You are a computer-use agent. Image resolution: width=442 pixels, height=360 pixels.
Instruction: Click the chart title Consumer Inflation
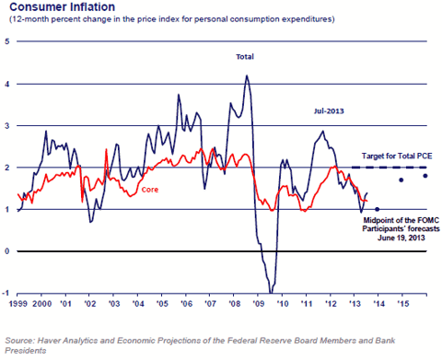tap(63, 6)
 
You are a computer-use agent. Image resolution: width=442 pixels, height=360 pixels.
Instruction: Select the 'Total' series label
tap(245, 57)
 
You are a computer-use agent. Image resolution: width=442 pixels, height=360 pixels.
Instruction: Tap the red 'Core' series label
tap(150, 190)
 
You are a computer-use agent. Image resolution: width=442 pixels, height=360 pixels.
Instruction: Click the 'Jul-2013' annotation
tap(329, 111)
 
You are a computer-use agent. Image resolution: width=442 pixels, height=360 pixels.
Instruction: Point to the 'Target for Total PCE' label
tap(397, 156)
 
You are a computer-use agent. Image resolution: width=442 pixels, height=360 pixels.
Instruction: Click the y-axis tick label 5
tap(6, 41)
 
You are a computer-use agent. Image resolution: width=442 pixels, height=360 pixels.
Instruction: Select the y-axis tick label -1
tap(6, 293)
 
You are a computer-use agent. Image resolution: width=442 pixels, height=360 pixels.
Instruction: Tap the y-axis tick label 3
tap(6, 125)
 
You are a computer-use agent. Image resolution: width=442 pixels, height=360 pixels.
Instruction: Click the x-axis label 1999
tap(18, 304)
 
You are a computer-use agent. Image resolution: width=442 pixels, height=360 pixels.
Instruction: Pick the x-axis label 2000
tap(42, 304)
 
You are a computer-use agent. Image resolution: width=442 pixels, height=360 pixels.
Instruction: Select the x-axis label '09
tap(258, 304)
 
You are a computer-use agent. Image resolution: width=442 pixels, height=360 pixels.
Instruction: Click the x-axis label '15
tap(403, 304)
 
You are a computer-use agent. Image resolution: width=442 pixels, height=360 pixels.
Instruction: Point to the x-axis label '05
tap(162, 304)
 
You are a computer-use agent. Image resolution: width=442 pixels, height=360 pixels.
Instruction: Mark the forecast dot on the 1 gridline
tap(378, 209)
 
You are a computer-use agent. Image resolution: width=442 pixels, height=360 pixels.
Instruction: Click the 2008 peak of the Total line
tap(247, 75)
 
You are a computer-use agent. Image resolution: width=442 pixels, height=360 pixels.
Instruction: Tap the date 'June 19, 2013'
tap(401, 238)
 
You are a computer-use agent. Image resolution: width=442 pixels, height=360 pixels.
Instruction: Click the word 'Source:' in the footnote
tap(20, 341)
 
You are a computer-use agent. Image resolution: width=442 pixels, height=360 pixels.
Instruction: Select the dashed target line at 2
tap(389, 168)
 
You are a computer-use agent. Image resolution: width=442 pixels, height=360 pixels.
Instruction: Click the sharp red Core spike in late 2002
tap(106, 149)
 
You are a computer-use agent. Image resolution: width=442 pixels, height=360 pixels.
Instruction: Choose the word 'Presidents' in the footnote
tap(26, 351)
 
